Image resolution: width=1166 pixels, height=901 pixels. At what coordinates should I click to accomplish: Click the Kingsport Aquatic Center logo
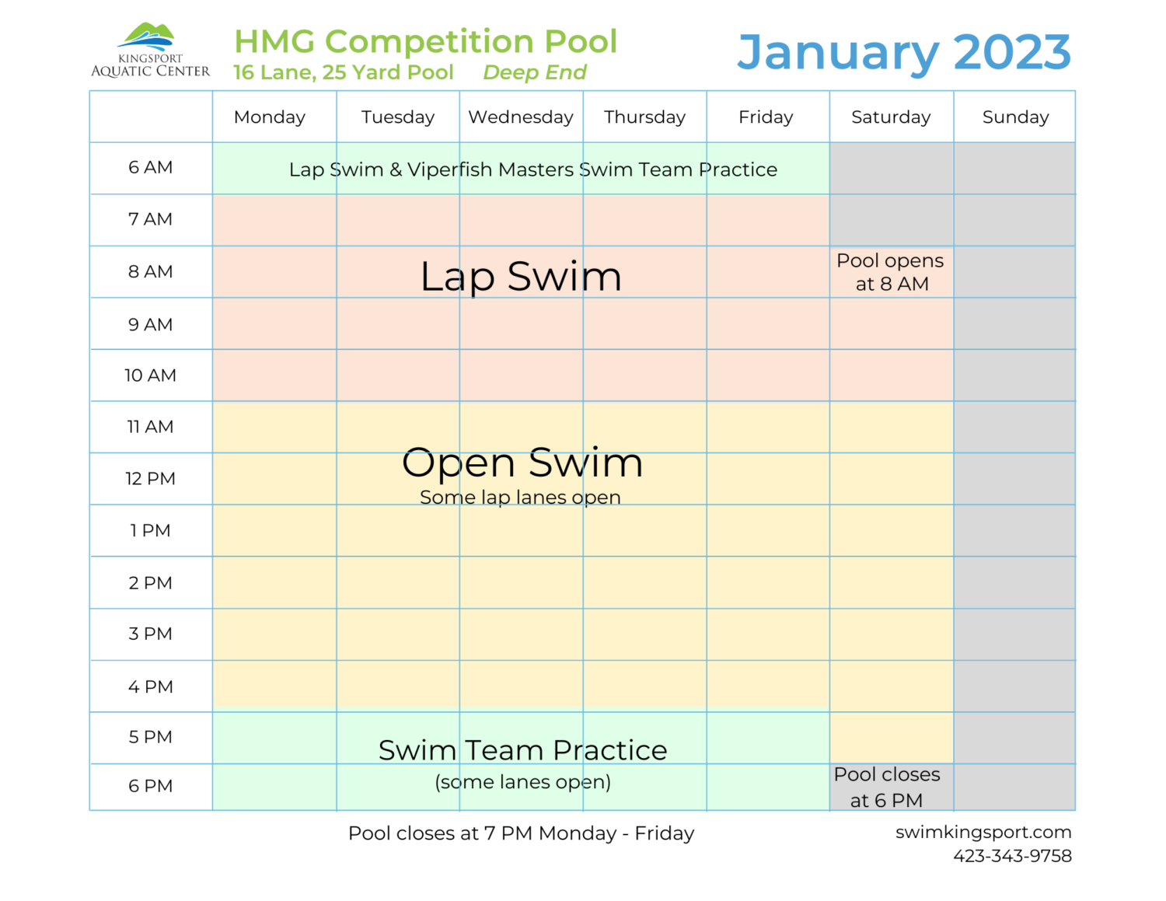(150, 51)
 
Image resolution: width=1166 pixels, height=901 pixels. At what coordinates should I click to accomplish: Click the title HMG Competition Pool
(425, 41)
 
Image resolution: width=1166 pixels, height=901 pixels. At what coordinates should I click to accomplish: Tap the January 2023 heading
(903, 52)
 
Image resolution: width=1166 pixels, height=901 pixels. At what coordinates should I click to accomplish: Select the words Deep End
(534, 72)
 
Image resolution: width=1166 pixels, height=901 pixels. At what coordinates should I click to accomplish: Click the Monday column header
(270, 117)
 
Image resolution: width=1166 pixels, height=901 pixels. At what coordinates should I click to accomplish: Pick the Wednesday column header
(521, 117)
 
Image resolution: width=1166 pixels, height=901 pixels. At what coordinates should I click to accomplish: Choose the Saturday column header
(891, 117)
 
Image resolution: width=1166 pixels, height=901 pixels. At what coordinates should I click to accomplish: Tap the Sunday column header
(1015, 117)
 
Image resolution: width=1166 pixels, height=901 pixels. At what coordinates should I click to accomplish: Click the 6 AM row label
(151, 168)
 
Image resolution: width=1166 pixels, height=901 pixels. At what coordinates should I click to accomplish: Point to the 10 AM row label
(151, 375)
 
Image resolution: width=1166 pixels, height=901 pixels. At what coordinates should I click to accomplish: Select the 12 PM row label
(151, 479)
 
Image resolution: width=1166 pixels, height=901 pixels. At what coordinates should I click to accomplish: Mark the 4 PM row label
(151, 687)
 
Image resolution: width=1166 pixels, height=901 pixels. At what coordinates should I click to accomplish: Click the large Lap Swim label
(521, 277)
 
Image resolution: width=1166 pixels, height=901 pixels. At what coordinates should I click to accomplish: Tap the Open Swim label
(522, 463)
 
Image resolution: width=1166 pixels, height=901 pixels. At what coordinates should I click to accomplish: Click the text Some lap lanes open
(520, 498)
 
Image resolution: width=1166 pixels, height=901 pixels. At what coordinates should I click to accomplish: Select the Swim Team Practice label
(522, 750)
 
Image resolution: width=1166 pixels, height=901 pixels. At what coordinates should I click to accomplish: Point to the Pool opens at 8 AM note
(891, 272)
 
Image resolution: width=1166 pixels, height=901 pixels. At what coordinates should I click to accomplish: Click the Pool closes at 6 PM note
(887, 787)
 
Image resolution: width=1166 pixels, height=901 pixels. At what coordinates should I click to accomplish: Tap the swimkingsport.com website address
(983, 832)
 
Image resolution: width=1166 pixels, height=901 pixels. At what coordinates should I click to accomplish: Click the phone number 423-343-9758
(1012, 856)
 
